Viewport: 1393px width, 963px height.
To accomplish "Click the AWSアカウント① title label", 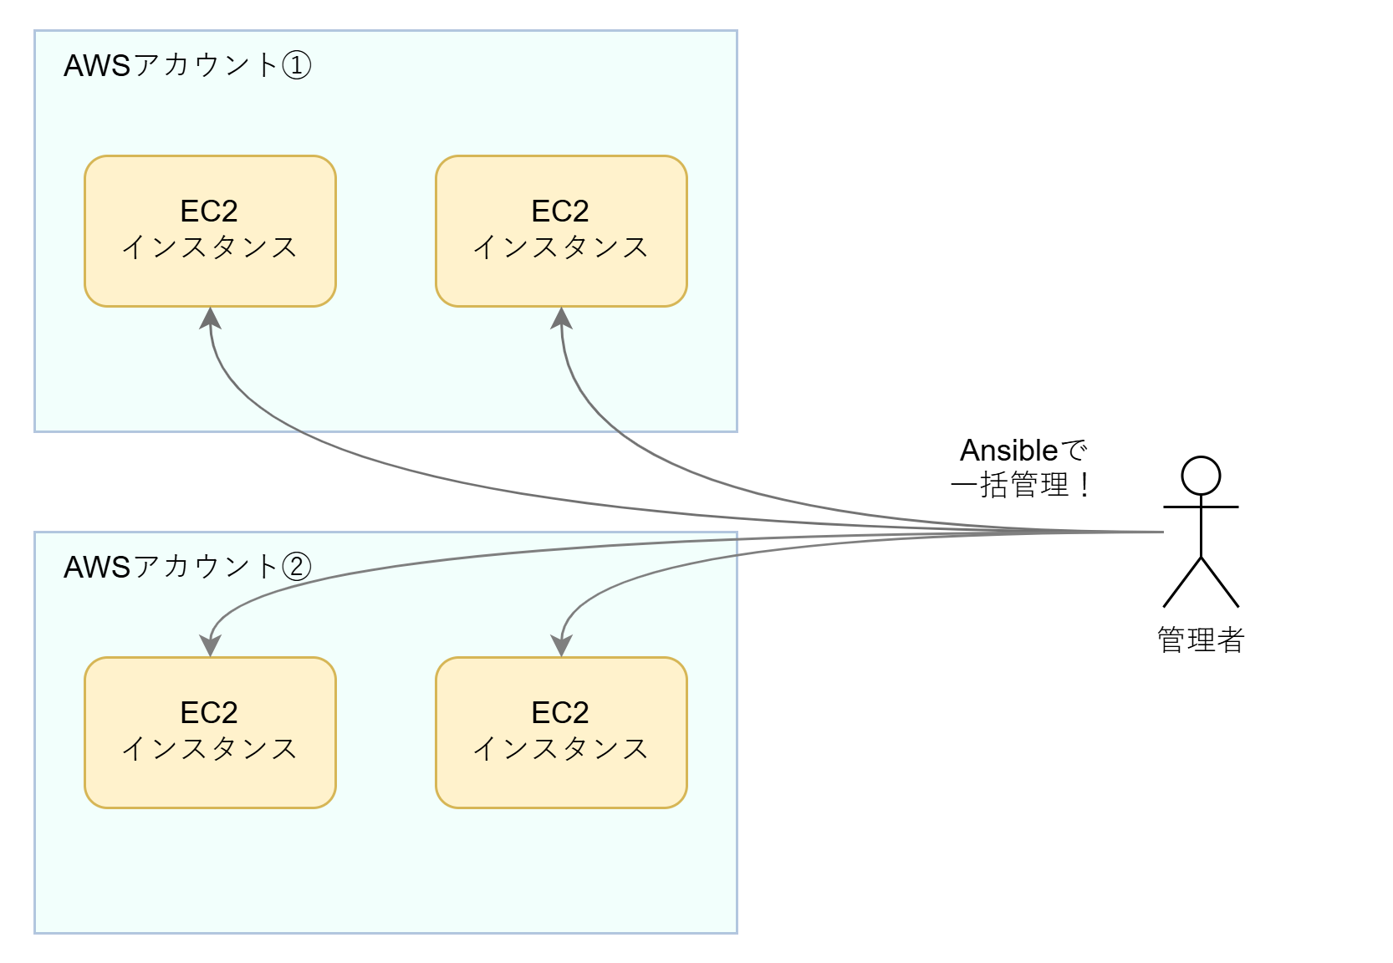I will point(186,65).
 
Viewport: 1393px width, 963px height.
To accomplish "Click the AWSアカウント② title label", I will point(186,567).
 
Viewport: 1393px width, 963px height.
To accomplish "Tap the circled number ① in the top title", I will point(297,65).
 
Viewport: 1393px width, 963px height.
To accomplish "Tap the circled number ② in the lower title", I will point(297,567).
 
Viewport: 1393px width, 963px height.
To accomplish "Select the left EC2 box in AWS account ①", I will point(210,231).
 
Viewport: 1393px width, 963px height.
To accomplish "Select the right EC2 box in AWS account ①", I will point(561,231).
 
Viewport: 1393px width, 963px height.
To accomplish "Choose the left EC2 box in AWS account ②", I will point(210,732).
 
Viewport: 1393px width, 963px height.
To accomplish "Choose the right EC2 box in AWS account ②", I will point(561,732).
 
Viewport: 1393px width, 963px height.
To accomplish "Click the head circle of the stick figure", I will point(1201,476).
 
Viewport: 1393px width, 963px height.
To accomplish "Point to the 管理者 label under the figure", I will point(1201,640).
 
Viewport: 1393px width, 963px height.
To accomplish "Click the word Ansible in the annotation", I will point(1008,451).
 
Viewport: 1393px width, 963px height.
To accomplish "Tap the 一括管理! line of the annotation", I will point(1020,485).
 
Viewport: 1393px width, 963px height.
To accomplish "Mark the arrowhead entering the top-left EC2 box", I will point(210,318).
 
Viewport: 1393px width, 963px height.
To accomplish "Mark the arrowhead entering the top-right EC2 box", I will point(561,318).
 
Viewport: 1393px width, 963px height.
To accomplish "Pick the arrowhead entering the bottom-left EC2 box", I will point(210,646).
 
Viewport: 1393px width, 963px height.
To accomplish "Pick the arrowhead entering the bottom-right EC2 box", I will point(561,646).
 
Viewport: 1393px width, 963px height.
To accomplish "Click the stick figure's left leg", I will point(1182,582).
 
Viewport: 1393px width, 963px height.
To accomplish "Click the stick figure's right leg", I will point(1220,582).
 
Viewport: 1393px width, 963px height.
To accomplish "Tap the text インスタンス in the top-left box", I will point(210,247).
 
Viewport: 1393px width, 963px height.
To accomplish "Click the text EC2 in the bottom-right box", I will point(560,712).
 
